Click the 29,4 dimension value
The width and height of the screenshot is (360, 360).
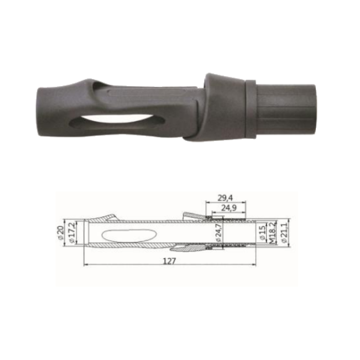click(225, 198)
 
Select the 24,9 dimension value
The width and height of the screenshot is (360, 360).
click(229, 208)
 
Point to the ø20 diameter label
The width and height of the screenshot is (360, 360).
click(61, 232)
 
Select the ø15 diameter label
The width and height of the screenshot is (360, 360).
click(262, 233)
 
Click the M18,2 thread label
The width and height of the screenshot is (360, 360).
click(273, 233)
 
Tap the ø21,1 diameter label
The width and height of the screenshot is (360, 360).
click(284, 233)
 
